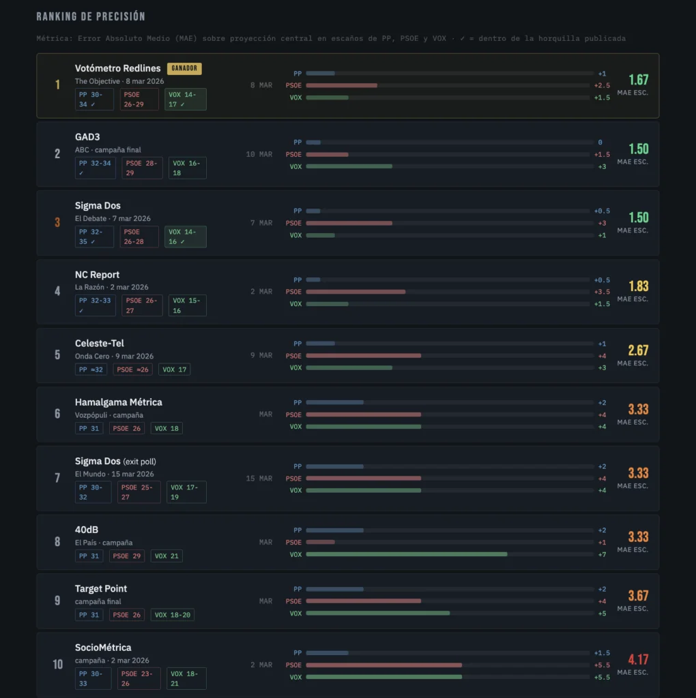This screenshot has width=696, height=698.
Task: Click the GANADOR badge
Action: coord(184,68)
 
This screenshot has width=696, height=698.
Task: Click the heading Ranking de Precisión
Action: coord(91,16)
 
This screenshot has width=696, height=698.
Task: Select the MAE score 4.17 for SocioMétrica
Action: coord(638,659)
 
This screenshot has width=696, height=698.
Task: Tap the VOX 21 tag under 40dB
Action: coord(166,556)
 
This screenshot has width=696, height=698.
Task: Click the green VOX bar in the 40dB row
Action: coord(406,554)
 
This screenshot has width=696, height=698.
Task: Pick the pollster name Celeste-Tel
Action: coord(100,344)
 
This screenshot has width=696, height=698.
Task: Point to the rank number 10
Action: coord(58,665)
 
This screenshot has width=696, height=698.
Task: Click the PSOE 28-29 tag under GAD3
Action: coord(143,168)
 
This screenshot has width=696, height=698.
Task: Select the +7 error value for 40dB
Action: coord(600,554)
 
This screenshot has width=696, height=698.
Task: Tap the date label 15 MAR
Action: coord(259,479)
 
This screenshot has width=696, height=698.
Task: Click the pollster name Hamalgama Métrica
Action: coord(119,402)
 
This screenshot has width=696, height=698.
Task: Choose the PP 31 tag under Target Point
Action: coord(89,615)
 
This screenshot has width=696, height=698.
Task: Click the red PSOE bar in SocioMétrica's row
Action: coord(383,665)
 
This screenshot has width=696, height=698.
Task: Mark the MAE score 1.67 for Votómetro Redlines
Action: coord(638,80)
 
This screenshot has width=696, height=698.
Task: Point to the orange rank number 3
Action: coord(57,223)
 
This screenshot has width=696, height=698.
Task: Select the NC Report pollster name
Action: coord(97,275)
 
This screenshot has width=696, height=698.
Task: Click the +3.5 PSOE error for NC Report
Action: coord(601,292)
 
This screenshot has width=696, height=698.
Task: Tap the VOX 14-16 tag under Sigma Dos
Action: coord(185,237)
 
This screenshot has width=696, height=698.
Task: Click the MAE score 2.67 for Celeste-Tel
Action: coord(638,350)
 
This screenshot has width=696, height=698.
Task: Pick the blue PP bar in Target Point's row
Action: coord(334,589)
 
